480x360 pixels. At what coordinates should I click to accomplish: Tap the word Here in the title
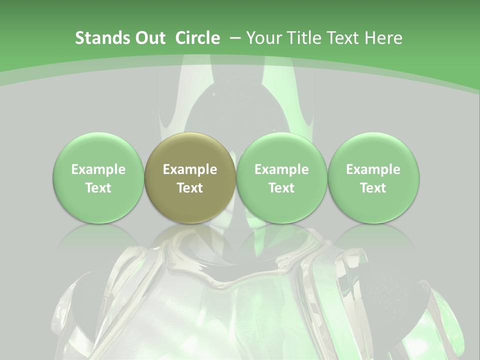[384, 38]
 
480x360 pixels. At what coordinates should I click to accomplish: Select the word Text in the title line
[344, 38]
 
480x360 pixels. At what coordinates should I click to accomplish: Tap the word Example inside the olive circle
[190, 169]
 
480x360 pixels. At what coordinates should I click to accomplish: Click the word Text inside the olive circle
[190, 188]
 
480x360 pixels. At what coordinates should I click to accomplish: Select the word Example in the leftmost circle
[98, 169]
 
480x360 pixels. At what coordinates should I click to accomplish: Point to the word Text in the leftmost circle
[98, 188]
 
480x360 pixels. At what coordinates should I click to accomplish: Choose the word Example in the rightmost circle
[373, 169]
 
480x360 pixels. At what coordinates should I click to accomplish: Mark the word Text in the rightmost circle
[373, 188]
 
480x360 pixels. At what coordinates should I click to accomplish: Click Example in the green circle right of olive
[281, 169]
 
